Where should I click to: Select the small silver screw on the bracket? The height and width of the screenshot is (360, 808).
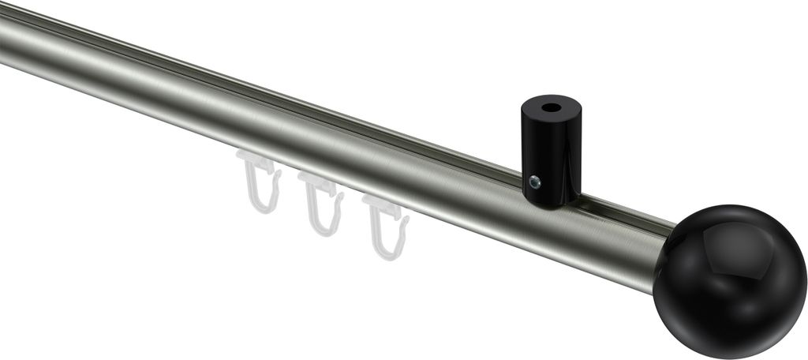click(535, 183)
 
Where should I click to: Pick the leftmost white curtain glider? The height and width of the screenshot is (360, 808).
click(260, 182)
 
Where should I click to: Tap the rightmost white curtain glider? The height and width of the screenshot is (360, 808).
click(387, 226)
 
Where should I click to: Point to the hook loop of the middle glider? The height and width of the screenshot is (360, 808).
click(325, 219)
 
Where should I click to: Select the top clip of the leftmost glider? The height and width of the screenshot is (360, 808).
click(256, 164)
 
